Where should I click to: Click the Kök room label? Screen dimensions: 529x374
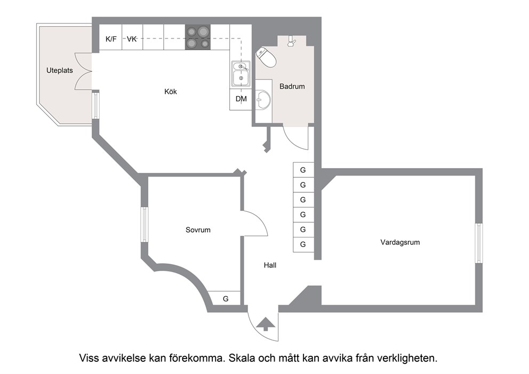click(170, 91)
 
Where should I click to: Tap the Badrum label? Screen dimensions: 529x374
click(292, 86)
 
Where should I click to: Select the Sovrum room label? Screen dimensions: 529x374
click(198, 230)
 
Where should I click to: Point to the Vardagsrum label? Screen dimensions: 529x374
click(400, 242)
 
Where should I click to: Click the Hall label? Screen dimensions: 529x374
click(270, 265)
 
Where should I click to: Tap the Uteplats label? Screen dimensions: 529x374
click(60, 70)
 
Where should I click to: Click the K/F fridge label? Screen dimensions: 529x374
click(111, 39)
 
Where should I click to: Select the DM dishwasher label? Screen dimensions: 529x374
click(241, 99)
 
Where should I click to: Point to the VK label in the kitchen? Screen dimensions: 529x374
click(132, 39)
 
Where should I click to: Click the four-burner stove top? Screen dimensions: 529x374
click(198, 37)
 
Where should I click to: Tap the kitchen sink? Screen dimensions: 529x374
click(241, 74)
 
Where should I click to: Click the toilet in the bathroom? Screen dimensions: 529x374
click(266, 58)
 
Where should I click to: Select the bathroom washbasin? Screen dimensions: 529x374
click(263, 100)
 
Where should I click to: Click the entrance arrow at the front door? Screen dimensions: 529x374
click(266, 324)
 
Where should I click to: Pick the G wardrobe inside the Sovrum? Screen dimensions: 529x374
click(226, 299)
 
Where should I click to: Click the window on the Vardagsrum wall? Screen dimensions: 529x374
click(479, 243)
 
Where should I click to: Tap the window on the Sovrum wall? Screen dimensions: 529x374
click(145, 225)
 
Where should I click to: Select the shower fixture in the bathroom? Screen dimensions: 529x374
click(291, 41)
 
